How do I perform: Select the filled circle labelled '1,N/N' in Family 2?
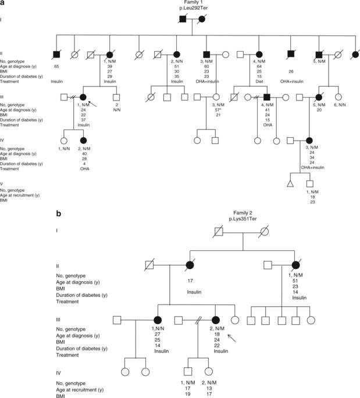pyautogui.click(x=157, y=319)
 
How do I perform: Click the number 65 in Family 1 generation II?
pyautogui.click(x=56, y=67)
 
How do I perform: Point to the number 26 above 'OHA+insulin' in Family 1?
pyautogui.click(x=289, y=72)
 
